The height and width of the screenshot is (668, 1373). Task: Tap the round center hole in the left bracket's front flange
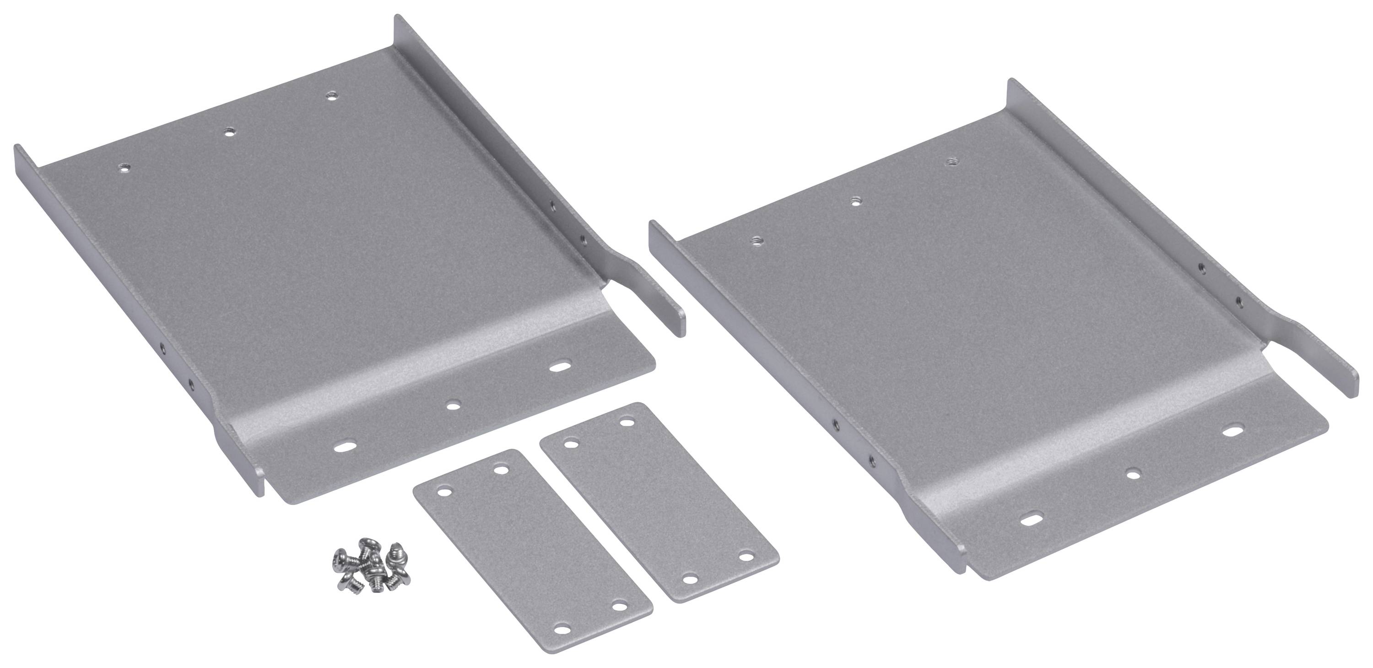453,405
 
